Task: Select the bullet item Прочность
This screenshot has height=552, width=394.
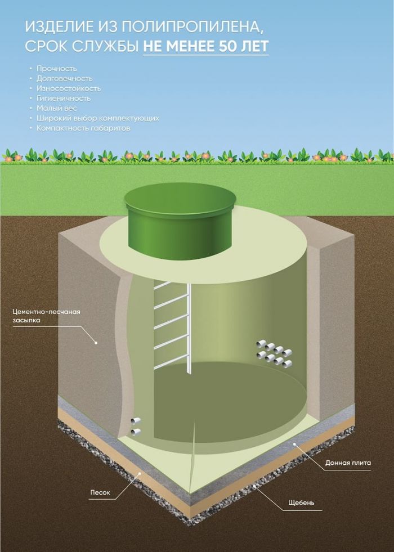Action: point(56,68)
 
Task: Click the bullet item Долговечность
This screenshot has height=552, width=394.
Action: point(64,78)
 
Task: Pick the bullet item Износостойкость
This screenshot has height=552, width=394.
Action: point(68,88)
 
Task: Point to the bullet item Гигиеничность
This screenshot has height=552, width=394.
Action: point(63,98)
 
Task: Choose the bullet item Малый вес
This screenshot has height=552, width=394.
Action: point(56,108)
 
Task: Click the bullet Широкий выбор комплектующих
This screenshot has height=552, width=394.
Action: point(97,118)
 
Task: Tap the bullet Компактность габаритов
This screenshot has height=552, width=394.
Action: point(83,128)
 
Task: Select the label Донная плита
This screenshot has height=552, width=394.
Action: point(348,463)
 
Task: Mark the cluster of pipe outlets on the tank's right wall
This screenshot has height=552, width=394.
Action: point(274,353)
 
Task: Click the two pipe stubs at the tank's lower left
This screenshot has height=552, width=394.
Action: point(135,426)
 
